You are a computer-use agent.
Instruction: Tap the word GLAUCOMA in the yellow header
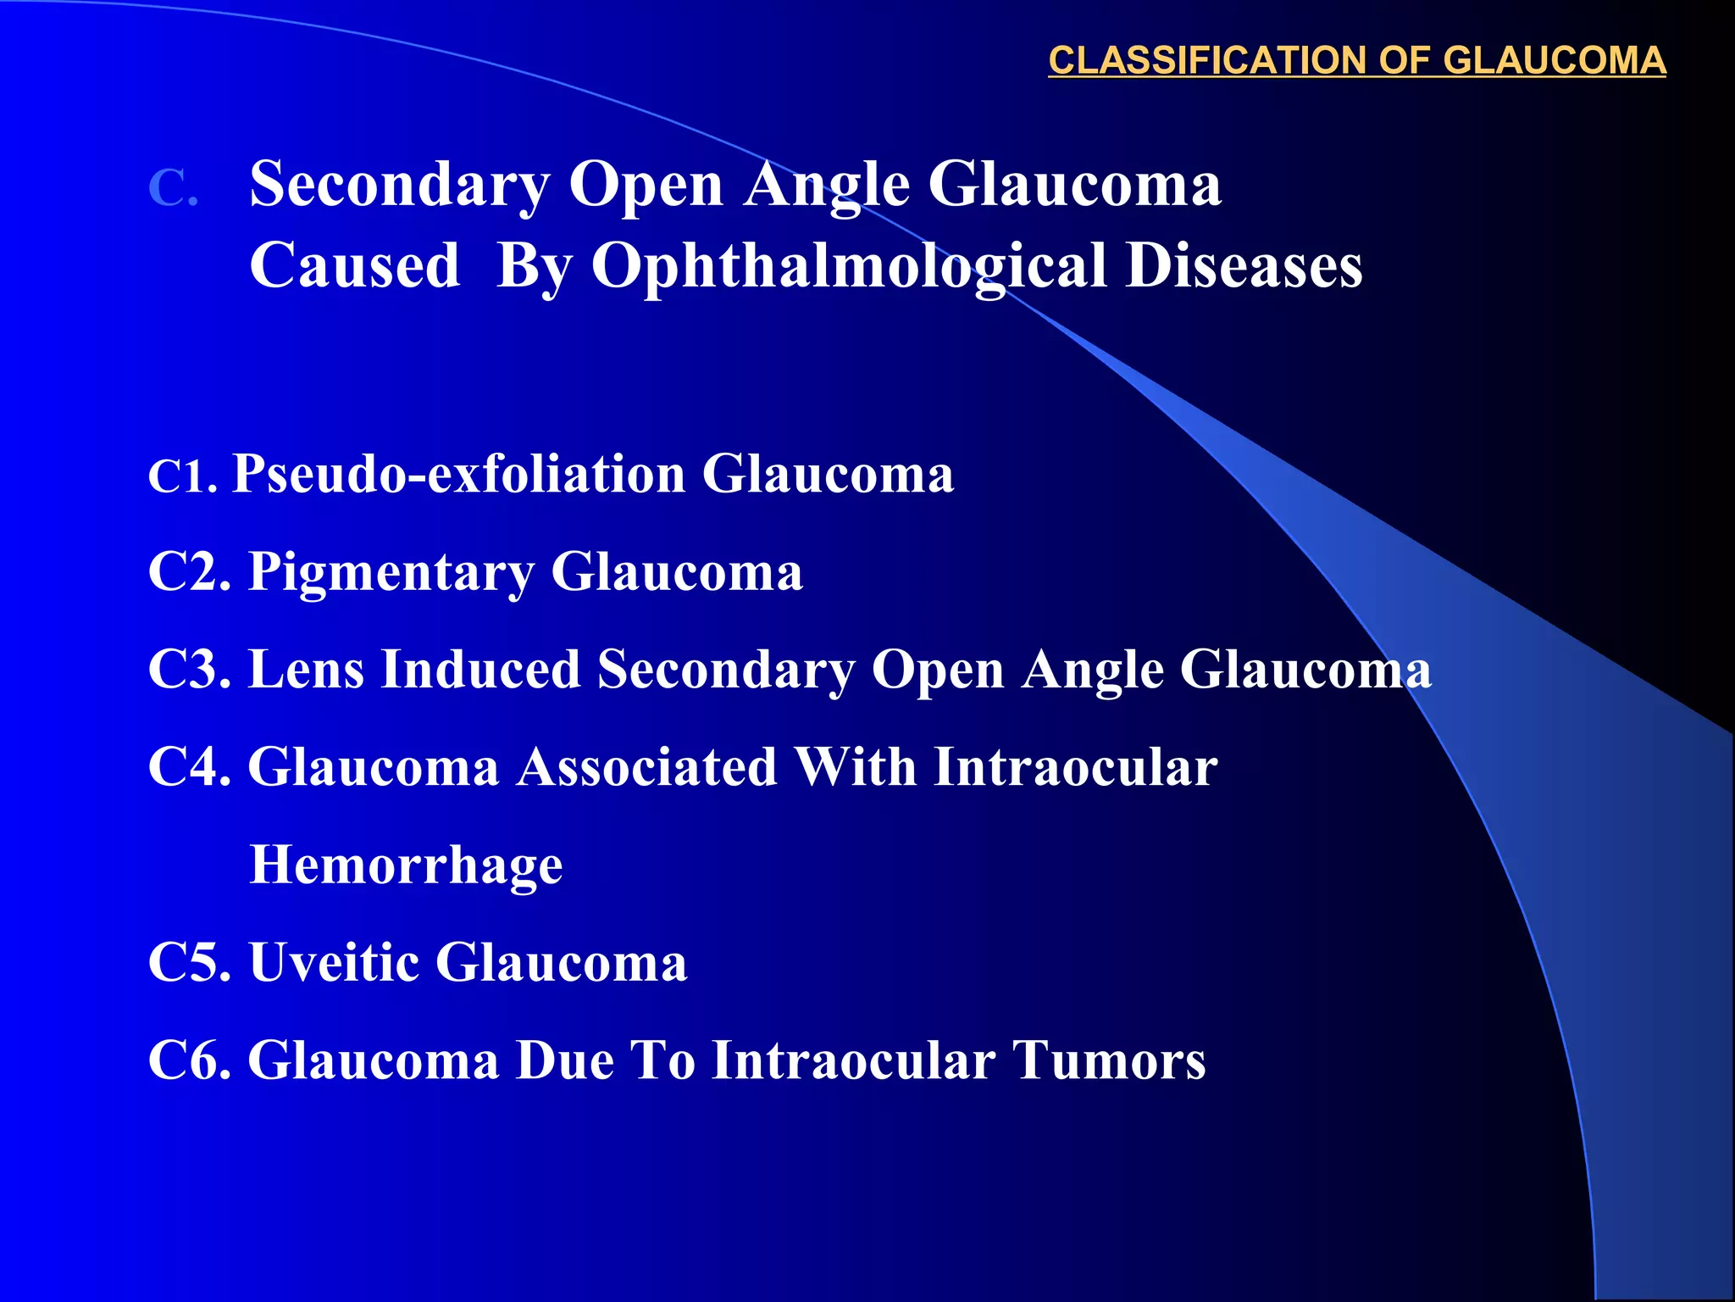point(1555,61)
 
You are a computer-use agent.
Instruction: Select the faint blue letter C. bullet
point(174,187)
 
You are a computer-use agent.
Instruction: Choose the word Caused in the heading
point(355,266)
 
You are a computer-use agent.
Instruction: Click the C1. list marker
point(183,476)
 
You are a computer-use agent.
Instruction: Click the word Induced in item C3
point(480,670)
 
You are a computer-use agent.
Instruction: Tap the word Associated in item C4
point(647,768)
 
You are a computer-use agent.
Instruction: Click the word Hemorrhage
point(407,866)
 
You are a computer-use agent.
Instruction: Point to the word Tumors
point(1109,1061)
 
